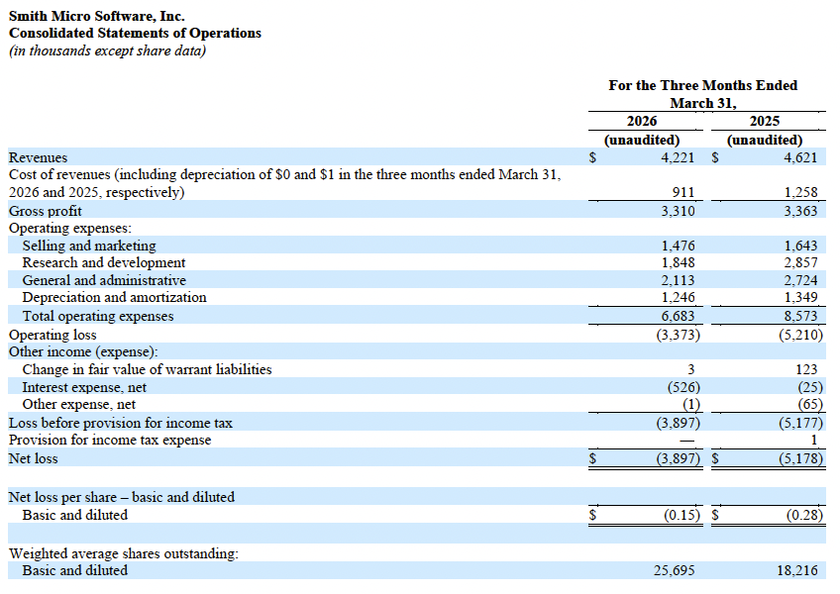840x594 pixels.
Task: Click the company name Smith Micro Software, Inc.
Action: pos(96,16)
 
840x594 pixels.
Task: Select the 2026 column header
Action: pos(642,121)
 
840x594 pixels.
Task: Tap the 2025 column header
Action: pos(765,121)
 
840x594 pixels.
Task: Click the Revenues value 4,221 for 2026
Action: pos(678,157)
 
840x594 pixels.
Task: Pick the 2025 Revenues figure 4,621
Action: pos(800,157)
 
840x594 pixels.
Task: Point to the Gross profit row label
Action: pos(46,211)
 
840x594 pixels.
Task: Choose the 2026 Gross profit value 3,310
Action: pos(678,211)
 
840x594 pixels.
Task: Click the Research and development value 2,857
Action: pos(800,262)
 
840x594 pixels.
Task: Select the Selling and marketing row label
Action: pos(89,246)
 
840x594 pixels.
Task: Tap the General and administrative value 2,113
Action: pos(678,280)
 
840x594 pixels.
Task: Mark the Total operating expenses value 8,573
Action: pos(800,316)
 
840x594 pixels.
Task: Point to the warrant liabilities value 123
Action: pos(810,369)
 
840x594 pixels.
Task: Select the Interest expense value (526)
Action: pos(681,387)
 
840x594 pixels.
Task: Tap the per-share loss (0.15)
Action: pos(681,515)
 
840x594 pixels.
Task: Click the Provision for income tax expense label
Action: pos(110,440)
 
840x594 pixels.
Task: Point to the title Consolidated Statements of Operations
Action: pos(135,33)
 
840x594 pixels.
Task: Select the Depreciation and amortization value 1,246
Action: pos(678,297)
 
